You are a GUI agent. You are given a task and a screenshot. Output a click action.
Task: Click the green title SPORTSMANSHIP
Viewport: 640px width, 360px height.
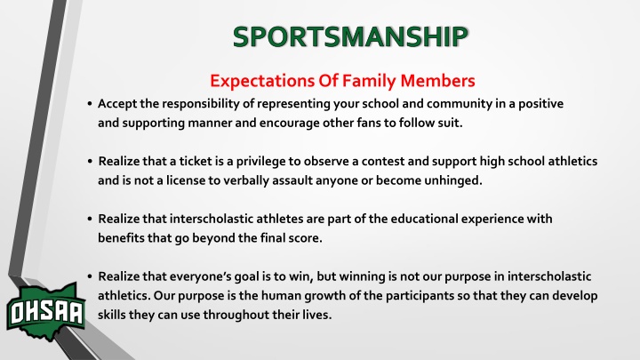[350, 36]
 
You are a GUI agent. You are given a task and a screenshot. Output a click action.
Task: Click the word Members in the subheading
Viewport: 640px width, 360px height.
[437, 80]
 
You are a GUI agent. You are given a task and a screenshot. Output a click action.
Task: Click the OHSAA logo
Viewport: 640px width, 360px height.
[45, 312]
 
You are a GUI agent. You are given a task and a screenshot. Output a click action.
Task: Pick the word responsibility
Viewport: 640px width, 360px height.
[201, 104]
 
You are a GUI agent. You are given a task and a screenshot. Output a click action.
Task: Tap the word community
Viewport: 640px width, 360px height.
[460, 104]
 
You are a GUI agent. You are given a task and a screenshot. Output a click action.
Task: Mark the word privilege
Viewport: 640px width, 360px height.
[260, 162]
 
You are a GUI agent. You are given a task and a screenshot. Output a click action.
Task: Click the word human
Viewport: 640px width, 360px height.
[281, 295]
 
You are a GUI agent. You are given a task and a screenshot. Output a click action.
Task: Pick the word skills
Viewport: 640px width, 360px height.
[111, 315]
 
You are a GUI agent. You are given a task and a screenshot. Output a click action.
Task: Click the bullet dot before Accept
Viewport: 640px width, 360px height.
[90, 104]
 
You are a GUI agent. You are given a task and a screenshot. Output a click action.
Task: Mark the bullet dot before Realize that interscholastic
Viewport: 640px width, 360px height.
[90, 220]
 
